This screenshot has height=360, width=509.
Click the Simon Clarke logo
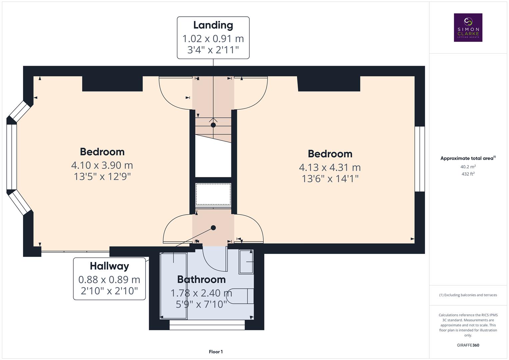tap(468, 28)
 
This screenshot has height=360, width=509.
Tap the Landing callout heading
tap(213, 25)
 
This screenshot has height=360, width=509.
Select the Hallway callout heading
tap(109, 266)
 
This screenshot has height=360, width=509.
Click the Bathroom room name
tap(201, 279)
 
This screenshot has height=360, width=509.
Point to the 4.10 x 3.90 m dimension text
tap(102, 165)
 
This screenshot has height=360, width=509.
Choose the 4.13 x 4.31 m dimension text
tap(330, 167)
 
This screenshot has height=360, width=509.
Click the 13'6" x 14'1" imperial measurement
tap(330, 179)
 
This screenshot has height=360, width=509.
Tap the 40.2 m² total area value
tap(468, 167)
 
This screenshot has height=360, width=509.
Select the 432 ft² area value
tap(468, 174)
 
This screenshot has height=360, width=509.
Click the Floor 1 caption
tap(216, 352)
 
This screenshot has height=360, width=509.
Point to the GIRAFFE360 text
tap(468, 345)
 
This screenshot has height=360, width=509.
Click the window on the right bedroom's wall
tap(420, 159)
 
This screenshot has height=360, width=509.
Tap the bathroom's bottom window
tap(207, 325)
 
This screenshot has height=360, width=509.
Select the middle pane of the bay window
tap(12, 157)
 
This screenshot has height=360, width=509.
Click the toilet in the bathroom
tap(243, 296)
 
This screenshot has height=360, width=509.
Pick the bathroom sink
tap(246, 262)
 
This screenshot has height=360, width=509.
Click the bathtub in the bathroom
tap(173, 286)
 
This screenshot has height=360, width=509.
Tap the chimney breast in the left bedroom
tap(112, 84)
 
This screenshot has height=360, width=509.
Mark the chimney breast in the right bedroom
tap(329, 84)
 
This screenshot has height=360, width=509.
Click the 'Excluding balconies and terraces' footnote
tap(468, 295)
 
